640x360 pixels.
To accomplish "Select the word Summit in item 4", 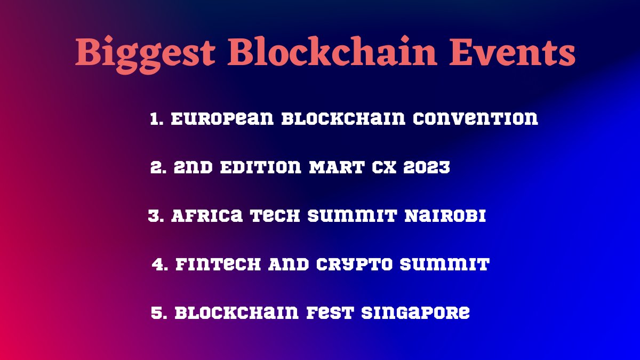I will point(446,265).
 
